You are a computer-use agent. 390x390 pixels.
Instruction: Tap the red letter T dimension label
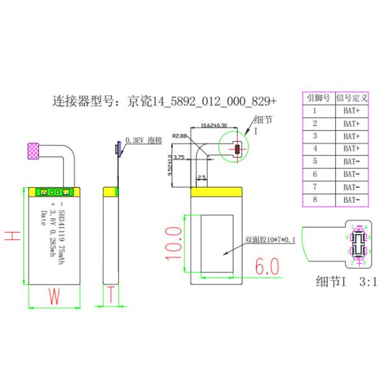112,296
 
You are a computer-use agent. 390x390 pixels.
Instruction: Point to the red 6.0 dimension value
266,266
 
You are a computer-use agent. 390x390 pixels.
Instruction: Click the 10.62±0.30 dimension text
214,125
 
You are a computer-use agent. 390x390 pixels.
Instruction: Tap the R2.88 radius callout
179,136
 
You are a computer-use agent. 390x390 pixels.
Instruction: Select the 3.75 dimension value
179,157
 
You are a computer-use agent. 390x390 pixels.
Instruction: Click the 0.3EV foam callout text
144,139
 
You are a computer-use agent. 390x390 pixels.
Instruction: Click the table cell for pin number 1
315,111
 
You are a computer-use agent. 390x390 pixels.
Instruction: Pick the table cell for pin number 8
315,199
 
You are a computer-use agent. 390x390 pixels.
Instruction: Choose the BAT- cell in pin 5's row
351,161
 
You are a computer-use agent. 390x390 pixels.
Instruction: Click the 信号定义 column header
352,99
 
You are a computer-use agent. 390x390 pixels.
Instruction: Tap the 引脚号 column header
316,99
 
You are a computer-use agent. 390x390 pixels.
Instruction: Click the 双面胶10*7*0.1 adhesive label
270,239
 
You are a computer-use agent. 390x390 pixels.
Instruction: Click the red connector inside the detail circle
237,149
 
